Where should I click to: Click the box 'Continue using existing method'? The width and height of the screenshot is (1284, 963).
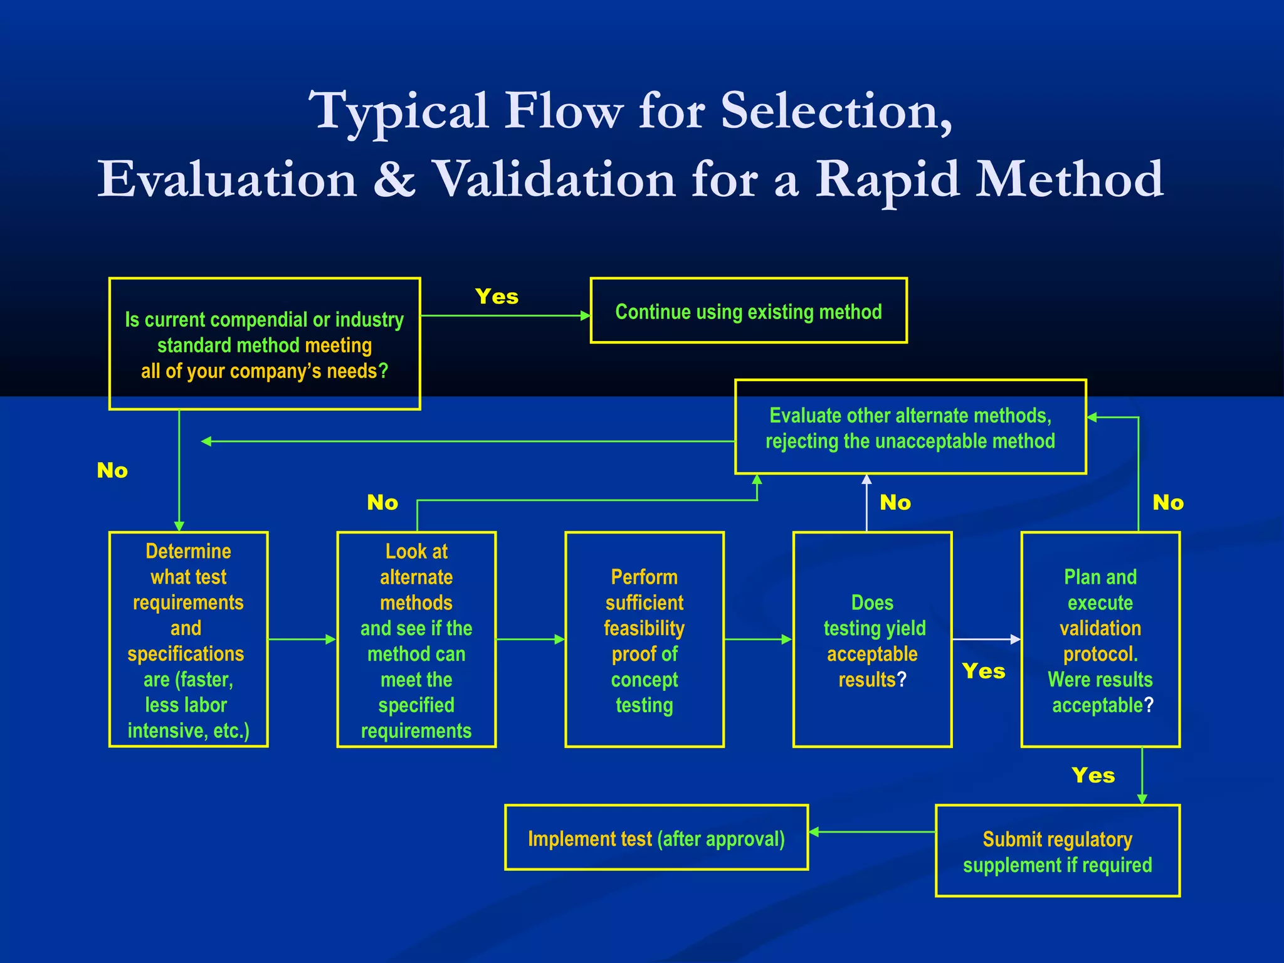coord(749,311)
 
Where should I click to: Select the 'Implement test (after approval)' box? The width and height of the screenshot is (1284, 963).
coord(656,838)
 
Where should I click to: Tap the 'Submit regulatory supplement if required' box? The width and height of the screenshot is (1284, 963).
coord(1057,851)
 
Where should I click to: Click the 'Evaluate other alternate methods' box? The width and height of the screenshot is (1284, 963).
coord(910,428)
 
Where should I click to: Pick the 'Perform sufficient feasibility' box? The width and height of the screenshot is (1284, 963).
coord(644,639)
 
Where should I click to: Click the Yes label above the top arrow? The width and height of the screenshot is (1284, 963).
coord(497,297)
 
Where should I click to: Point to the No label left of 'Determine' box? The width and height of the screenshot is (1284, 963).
coord(112,470)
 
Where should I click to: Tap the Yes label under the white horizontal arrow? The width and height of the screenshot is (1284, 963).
coord(984,671)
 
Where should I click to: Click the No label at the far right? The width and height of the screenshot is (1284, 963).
coord(1168,502)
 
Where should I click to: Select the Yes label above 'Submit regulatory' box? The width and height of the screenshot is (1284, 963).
coord(1093,776)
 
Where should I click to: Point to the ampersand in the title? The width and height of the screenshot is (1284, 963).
coord(394,180)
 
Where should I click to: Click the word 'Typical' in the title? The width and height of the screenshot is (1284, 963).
coord(399,112)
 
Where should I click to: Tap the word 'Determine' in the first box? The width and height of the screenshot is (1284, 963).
coord(188,551)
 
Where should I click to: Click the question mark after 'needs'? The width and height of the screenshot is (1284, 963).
coord(383,371)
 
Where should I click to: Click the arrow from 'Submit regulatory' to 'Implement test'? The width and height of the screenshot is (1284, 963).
coord(871,832)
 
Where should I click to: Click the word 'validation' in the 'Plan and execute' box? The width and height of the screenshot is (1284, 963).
coord(1100,628)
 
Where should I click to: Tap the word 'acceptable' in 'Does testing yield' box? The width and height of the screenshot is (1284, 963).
coord(871,654)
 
